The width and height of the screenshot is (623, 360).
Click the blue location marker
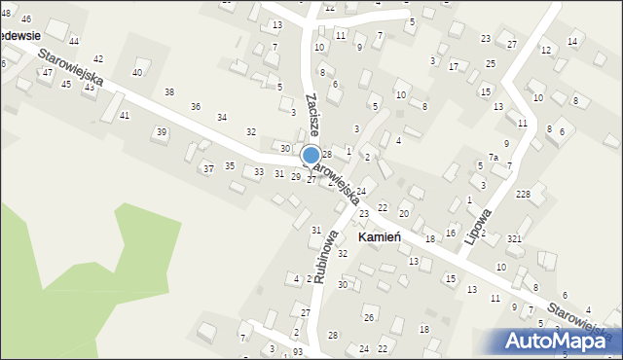click(311, 155)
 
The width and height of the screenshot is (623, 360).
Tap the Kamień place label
click(386, 237)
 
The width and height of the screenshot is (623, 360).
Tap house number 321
click(515, 239)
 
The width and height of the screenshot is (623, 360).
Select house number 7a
click(494, 158)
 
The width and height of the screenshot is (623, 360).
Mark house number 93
click(297, 351)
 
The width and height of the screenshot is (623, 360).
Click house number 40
click(137, 72)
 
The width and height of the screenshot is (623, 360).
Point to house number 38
click(169, 92)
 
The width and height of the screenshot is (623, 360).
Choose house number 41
click(124, 116)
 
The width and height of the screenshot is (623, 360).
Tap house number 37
click(208, 169)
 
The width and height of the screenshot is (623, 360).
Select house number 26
click(369, 318)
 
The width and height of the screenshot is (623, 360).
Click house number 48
click(4, 13)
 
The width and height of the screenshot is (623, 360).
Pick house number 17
click(454, 66)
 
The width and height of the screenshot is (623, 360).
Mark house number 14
click(572, 41)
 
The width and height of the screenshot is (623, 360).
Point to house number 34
click(222, 118)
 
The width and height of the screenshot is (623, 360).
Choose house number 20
click(403, 212)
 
